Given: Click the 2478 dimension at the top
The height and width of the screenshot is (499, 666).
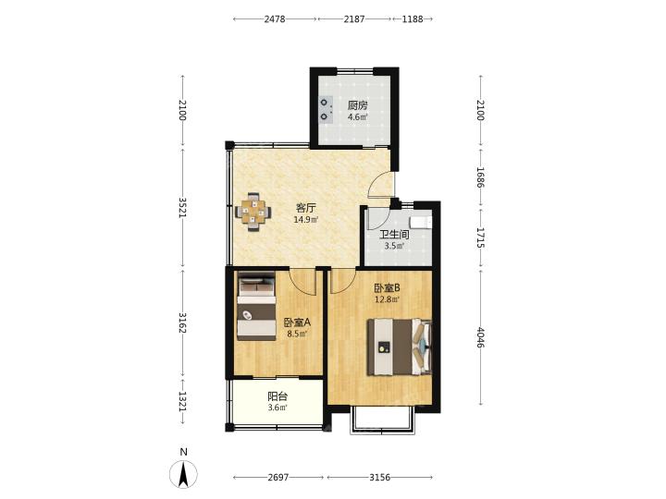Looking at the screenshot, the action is point(275,19).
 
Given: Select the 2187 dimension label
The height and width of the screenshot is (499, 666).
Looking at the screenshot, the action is point(354,19).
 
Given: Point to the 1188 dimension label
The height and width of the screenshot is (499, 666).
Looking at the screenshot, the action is point(413,19).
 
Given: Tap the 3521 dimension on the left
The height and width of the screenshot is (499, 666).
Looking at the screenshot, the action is point(182,208).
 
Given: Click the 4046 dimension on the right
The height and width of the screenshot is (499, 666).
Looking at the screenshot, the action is point(481,337).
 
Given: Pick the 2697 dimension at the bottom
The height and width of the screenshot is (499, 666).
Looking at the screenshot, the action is point(278,478).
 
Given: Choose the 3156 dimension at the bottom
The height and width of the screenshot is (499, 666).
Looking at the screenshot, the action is point(379,478).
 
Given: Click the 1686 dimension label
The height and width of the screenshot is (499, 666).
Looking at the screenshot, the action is point(481,177).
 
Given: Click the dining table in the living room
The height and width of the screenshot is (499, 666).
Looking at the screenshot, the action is point(253,212).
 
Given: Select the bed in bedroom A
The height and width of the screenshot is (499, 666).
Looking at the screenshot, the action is point(256,306).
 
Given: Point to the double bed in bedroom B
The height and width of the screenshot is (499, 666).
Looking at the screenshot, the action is point(400,347).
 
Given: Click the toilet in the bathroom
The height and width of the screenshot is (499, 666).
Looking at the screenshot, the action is point(421,222).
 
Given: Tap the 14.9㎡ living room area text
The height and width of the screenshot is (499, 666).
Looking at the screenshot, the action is point(306,219).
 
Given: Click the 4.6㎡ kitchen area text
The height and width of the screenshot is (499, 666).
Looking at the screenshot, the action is point(358,117).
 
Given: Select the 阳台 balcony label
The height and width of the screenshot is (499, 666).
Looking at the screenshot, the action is point(277,396).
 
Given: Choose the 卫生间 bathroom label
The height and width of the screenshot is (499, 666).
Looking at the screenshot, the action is point(394,235).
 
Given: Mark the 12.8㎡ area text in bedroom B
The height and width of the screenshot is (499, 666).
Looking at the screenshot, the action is point(387,300).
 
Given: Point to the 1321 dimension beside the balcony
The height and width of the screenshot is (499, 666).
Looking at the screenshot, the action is point(182,401).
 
